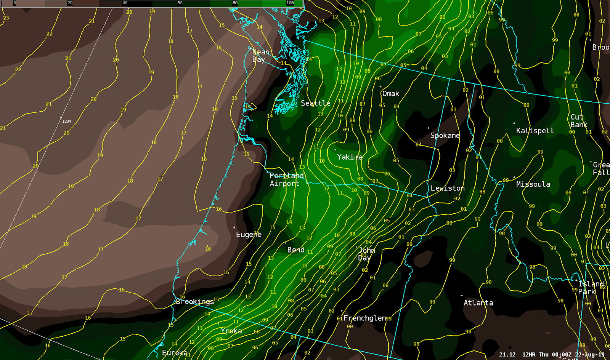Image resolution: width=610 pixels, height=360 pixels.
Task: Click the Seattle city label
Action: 315,103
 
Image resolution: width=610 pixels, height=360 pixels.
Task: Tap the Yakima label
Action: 350,157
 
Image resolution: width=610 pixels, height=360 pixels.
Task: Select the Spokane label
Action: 445,136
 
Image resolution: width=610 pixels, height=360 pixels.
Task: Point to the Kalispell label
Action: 535,131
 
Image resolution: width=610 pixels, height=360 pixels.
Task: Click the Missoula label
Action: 533,184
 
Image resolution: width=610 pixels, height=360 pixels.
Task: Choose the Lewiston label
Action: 448,188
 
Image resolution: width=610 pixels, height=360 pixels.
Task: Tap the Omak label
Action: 390,94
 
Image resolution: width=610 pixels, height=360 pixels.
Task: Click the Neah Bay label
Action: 260,56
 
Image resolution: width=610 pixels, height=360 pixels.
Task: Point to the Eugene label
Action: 249,235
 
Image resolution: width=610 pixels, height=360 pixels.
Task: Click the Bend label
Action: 296,250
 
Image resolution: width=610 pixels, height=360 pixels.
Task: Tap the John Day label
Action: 366,254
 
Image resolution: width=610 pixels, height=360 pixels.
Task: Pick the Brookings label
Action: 195,302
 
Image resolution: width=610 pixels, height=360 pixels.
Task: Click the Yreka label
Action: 231,331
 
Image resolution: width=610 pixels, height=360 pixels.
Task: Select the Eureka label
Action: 175,353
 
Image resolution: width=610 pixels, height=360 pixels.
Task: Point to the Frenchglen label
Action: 364,318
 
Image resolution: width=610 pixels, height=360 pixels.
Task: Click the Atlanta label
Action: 478,303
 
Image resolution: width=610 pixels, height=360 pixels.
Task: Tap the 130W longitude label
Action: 66,122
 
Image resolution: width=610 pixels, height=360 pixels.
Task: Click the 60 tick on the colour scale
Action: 180,3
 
